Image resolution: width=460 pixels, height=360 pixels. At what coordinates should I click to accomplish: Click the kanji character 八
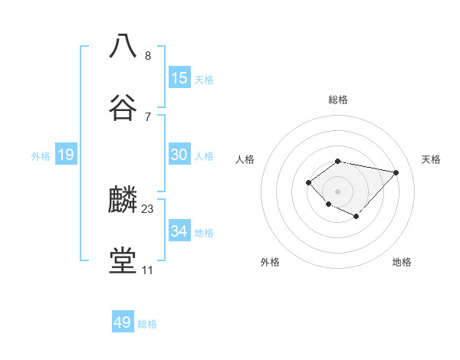(123, 45)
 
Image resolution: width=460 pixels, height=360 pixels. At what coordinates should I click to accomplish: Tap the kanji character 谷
(123, 107)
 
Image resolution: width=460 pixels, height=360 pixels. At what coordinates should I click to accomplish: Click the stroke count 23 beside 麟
(148, 208)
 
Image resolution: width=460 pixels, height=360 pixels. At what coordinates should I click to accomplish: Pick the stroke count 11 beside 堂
(147, 270)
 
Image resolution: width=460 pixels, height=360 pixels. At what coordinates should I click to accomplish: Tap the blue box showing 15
(179, 78)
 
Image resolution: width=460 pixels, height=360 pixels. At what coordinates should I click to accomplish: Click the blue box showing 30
(179, 155)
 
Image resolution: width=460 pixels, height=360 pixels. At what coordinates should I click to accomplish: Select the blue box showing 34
(179, 231)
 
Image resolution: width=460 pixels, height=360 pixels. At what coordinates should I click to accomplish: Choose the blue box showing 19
(66, 155)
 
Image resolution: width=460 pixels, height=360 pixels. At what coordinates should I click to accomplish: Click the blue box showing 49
(123, 322)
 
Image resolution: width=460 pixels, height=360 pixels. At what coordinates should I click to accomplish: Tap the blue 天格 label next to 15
(203, 80)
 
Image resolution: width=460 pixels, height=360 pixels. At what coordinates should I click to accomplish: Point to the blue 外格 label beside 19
(41, 156)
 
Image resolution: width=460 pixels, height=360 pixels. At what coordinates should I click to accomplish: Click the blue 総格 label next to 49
(147, 324)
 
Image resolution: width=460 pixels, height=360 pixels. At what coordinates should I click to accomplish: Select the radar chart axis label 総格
(338, 100)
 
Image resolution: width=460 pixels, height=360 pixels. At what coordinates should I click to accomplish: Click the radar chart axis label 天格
(431, 159)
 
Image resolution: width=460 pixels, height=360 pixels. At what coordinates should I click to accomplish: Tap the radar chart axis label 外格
(270, 262)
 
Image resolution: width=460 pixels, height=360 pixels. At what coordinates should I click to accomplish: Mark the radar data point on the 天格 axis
(396, 172)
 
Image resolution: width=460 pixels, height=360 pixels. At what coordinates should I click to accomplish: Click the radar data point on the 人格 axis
(308, 182)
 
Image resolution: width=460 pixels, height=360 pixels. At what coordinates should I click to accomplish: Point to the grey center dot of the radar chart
(338, 191)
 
